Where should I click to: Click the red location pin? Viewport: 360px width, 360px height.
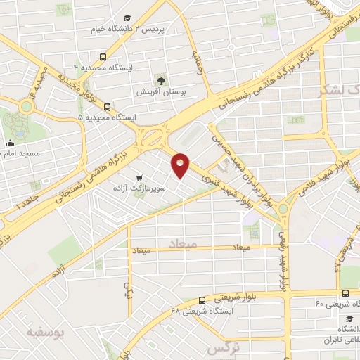click(x=181, y=165)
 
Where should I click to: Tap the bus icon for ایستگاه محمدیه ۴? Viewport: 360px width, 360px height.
click(x=103, y=57)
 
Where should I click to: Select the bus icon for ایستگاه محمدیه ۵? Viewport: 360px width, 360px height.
click(x=107, y=107)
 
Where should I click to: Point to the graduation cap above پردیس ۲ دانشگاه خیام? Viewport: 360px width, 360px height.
click(x=127, y=18)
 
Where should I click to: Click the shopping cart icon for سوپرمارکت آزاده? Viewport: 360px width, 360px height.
click(x=140, y=178)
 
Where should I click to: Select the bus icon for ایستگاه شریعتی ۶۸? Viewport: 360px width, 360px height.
click(x=202, y=300)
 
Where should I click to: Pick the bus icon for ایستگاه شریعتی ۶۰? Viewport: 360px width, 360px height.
click(x=345, y=293)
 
